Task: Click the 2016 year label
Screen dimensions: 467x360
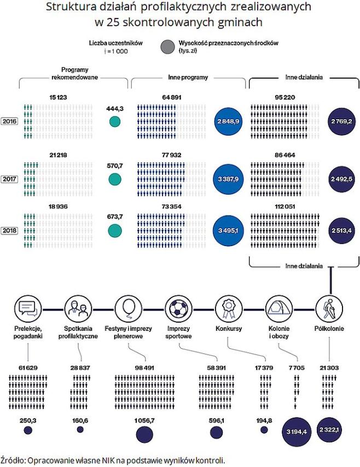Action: pyautogui.click(x=9, y=121)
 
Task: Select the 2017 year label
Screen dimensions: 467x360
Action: pyautogui.click(x=9, y=178)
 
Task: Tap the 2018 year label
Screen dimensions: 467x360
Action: pyautogui.click(x=9, y=230)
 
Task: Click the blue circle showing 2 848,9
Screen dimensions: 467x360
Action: pyautogui.click(x=229, y=121)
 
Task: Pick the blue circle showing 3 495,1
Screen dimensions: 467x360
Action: pyautogui.click(x=229, y=231)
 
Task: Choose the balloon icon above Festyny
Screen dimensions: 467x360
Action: pyautogui.click(x=127, y=308)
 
